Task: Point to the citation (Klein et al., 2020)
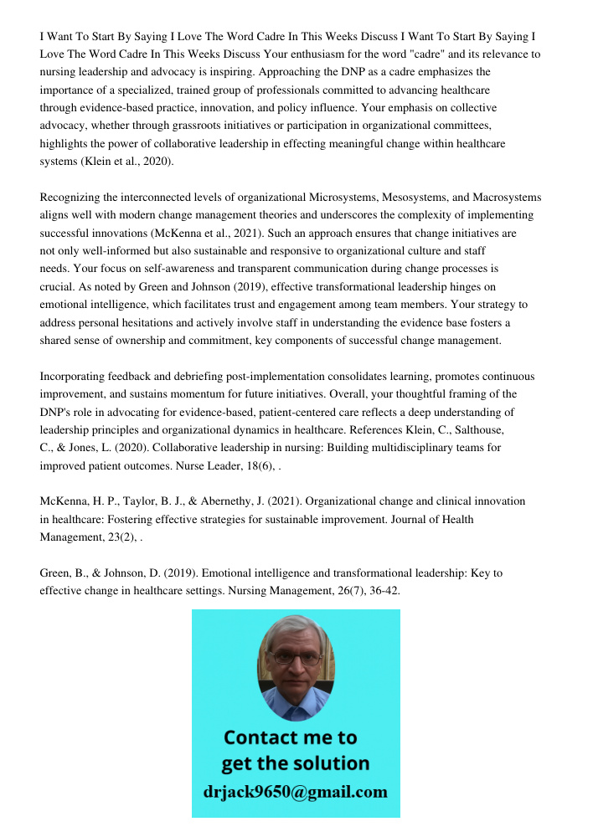tap(127, 162)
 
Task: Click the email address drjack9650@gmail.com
tap(296, 792)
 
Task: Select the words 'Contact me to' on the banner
tap(291, 738)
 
